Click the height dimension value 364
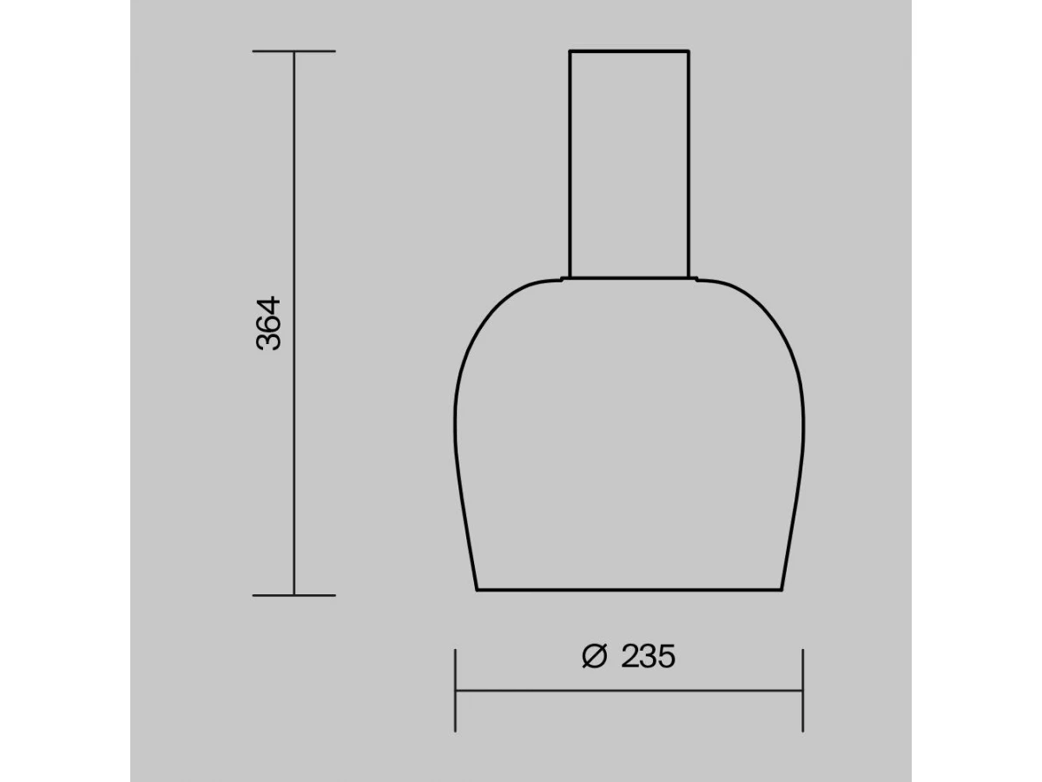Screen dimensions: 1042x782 (x=268, y=323)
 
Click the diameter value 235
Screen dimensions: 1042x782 (x=648, y=657)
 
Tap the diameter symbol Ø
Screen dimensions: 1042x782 (x=594, y=657)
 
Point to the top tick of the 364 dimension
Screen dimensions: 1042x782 (x=293, y=50)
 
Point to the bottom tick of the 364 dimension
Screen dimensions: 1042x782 (x=293, y=595)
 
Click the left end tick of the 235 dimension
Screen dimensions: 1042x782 (x=455, y=691)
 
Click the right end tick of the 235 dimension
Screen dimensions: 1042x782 (x=802, y=691)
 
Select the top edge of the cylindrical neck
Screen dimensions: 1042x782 (x=629, y=50)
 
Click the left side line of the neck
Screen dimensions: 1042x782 (x=570, y=164)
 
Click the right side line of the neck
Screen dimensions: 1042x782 (x=689, y=164)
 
